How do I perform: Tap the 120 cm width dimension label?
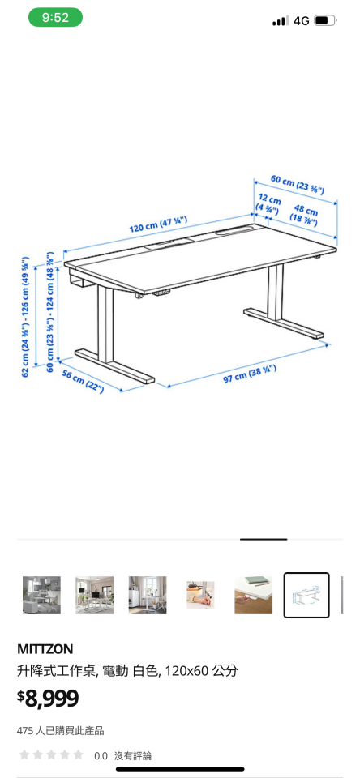[159, 224]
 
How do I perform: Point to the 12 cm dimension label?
[268, 203]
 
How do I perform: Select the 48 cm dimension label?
[305, 215]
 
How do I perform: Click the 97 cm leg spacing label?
[251, 374]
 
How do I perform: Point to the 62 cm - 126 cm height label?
[26, 318]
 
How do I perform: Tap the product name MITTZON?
[45, 648]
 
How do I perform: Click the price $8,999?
[48, 698]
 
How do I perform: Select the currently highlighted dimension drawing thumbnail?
[306, 595]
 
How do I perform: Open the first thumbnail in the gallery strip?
[41, 595]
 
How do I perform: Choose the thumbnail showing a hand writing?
[199, 595]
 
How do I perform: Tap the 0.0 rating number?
[101, 755]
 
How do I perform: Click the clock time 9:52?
[55, 17]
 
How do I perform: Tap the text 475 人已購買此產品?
[61, 730]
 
